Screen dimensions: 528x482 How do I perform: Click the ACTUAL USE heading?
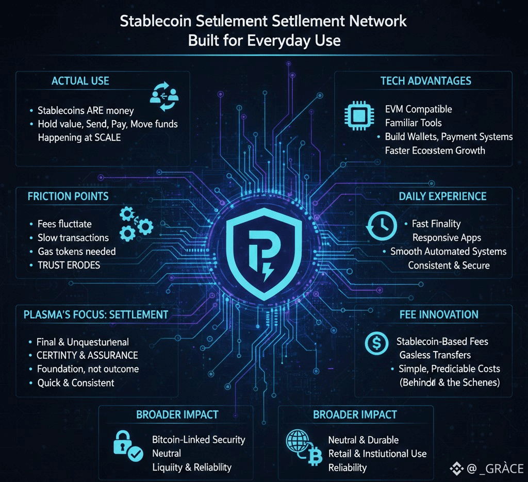coord(80,81)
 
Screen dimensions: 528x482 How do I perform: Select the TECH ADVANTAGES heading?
coord(425,81)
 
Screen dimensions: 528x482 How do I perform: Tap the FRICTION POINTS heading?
coord(68,196)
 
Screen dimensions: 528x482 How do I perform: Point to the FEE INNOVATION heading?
coord(439,314)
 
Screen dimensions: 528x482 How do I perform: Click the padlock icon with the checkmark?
coord(127,445)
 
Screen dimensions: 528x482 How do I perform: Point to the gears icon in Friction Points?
coord(135,223)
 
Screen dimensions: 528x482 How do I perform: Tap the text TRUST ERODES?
coord(69,265)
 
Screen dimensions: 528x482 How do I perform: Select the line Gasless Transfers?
coord(435,355)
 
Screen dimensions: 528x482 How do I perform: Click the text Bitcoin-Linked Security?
coord(199,440)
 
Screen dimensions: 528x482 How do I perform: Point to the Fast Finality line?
coord(436,224)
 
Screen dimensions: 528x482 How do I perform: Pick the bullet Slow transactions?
coord(73,238)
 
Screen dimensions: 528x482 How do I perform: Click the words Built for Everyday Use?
coord(264,40)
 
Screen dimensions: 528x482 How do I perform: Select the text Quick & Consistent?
coord(76,383)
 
